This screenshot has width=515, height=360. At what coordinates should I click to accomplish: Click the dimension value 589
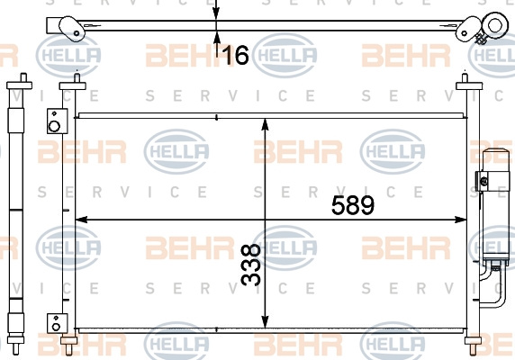353,205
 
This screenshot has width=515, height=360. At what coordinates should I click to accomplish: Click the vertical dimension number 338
251,265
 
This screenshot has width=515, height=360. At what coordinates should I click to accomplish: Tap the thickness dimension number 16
236,55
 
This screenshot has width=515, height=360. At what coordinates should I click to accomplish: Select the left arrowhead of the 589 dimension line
81,220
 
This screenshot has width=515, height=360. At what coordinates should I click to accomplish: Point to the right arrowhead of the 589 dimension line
460,220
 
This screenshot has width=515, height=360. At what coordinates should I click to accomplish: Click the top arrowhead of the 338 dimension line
265,124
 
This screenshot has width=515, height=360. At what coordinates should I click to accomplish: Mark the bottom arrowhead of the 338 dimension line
265,321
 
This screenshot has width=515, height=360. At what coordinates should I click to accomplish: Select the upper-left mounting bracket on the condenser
57,121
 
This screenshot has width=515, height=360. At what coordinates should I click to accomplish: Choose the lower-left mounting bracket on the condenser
57,323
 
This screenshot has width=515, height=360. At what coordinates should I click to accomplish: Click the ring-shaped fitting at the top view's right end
494,25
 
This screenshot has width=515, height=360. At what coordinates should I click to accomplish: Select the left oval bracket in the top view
72,29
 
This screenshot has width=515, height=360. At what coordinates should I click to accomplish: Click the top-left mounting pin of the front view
77,77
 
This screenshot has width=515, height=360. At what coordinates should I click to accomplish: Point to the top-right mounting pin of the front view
465,77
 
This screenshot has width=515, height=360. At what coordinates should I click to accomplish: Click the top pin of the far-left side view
23,77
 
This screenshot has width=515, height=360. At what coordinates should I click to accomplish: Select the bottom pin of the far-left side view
15,348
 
